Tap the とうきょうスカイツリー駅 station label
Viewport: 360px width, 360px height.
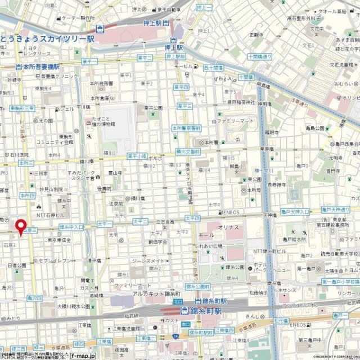click(x=47, y=39)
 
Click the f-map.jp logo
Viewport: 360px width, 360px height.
click(x=83, y=355)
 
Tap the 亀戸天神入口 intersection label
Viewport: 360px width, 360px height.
click(x=295, y=211)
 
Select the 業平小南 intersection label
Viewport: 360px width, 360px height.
click(x=136, y=156)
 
